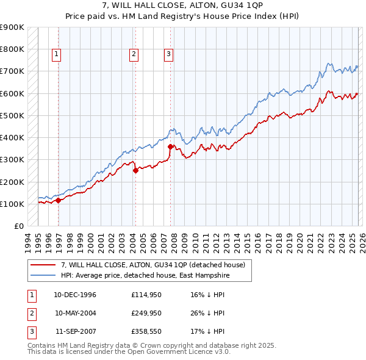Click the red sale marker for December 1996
click(58, 200)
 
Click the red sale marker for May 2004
click(135, 171)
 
